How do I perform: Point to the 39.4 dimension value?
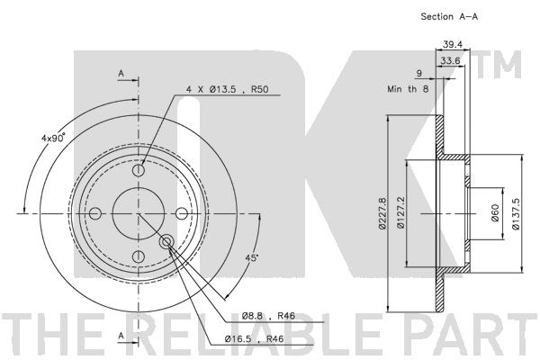coord(451,43)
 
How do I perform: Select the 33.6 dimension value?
coord(451,61)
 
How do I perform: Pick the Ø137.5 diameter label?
coord(516,213)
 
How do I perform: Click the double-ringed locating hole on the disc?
coord(167,241)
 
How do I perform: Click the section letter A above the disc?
coord(121,74)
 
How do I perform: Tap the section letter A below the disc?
coord(121,334)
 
